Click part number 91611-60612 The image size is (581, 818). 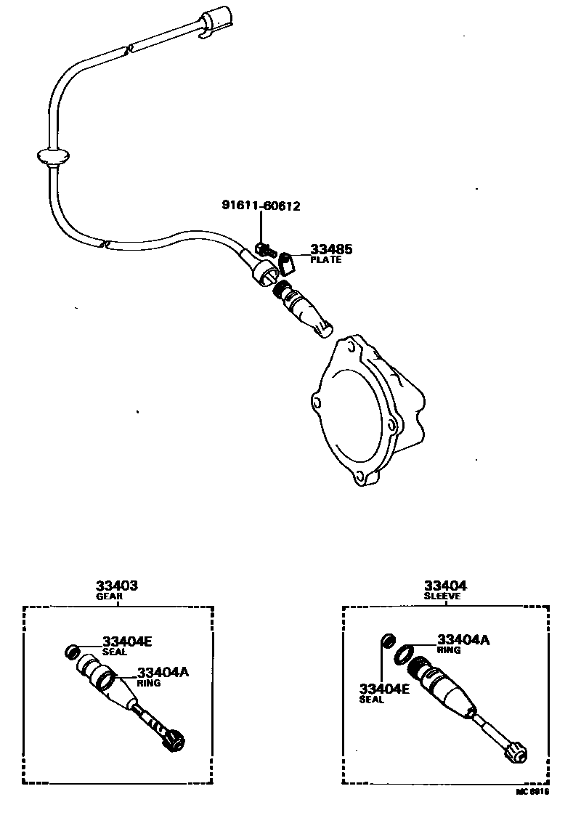[260, 206]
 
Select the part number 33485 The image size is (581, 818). [331, 249]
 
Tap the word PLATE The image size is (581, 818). [325, 260]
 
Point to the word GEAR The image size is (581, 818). [110, 596]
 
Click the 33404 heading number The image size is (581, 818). [445, 586]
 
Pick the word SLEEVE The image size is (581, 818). [443, 596]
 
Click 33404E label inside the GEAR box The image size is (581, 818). [127, 641]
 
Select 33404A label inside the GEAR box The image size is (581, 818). [163, 673]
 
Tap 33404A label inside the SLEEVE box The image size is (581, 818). [463, 640]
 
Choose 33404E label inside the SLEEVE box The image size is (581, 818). [383, 689]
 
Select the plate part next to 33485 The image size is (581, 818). [287, 261]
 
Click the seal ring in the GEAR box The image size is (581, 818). [73, 650]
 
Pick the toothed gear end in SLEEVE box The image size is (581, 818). [517, 754]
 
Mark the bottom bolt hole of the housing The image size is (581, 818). [359, 479]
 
